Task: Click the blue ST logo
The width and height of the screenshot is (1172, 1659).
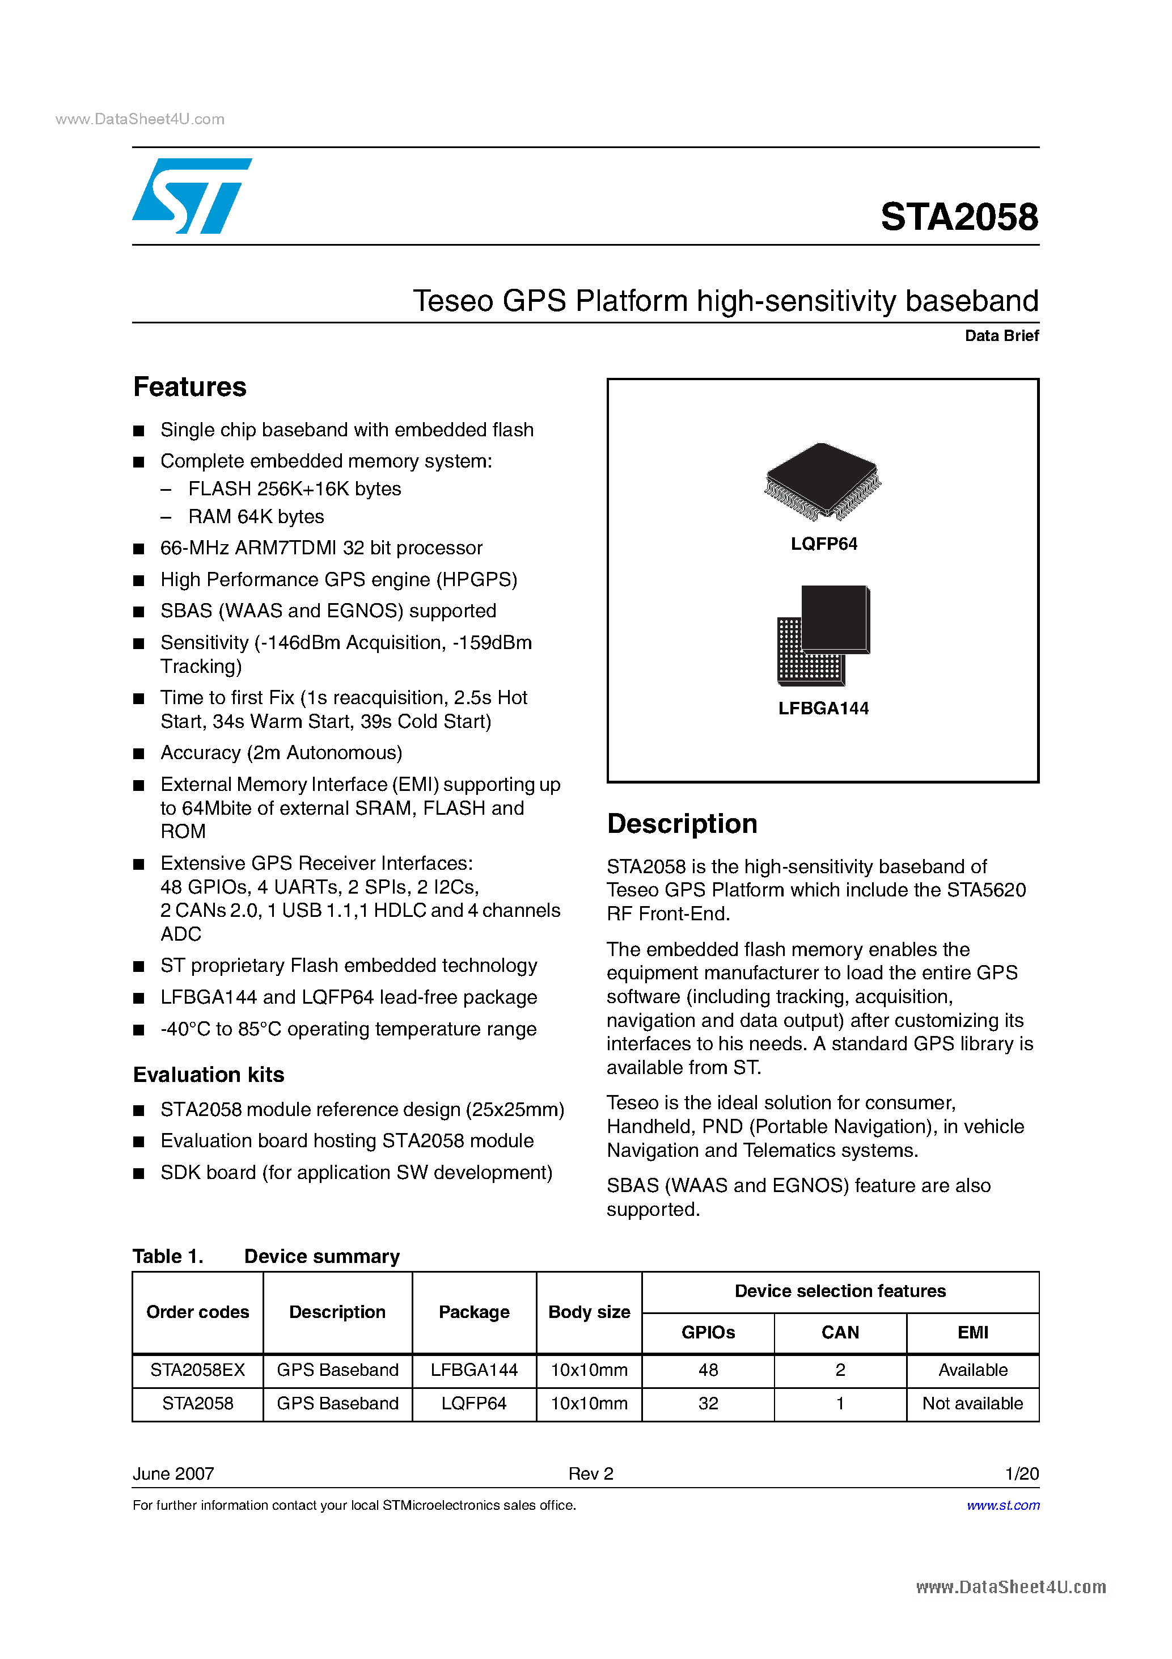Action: pos(191,196)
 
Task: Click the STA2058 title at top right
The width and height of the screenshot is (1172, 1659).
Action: pos(958,217)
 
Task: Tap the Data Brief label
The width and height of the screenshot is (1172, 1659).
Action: pos(1001,335)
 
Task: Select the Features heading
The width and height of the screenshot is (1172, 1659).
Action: pos(190,388)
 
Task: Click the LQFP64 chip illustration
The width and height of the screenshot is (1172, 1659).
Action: pos(823,481)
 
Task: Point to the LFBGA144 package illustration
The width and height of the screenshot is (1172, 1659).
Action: pos(823,635)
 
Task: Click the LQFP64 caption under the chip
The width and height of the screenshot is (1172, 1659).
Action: pos(823,544)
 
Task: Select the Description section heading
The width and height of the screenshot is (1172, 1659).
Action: pos(682,824)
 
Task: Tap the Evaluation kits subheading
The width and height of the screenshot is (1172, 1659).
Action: pos(209,1075)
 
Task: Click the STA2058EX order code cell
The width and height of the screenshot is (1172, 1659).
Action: pos(197,1370)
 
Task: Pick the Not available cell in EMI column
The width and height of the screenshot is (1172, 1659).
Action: pos(972,1403)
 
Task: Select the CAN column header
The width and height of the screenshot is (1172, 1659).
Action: pos(840,1332)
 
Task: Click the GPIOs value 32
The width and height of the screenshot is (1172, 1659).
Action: pos(708,1403)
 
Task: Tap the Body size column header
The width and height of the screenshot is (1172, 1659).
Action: pos(589,1312)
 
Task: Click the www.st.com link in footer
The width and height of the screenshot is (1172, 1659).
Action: pos(1003,1505)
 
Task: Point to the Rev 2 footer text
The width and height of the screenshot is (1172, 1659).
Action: pos(590,1473)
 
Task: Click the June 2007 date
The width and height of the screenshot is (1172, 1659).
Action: pos(174,1473)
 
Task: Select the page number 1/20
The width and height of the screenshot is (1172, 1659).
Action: pos(1021,1473)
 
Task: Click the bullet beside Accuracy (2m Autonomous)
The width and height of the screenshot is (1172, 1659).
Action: pos(139,753)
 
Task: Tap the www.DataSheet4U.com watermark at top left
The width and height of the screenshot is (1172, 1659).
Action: pos(140,119)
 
